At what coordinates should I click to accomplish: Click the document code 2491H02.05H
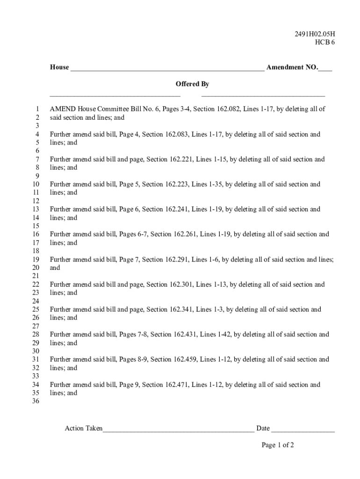315,34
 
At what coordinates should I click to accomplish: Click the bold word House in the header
59,67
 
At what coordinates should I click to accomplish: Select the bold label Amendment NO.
292,67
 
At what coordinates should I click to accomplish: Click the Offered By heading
192,84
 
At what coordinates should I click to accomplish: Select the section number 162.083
177,134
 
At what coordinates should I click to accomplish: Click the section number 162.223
177,184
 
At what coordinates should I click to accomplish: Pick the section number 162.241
177,209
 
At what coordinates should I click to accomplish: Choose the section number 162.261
186,234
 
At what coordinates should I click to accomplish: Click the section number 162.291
177,259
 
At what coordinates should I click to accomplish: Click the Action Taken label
84,428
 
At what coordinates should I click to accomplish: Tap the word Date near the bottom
263,428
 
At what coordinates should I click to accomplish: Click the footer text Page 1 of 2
278,445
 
